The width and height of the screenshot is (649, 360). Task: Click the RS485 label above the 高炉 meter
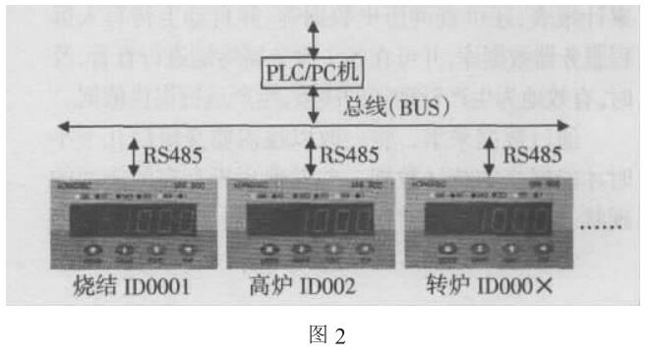tap(347, 154)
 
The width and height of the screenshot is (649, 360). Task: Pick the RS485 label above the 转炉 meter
tap(532, 154)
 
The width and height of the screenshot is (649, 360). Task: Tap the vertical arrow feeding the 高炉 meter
tap(312, 155)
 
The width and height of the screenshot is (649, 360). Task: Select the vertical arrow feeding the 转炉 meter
tap(490, 155)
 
